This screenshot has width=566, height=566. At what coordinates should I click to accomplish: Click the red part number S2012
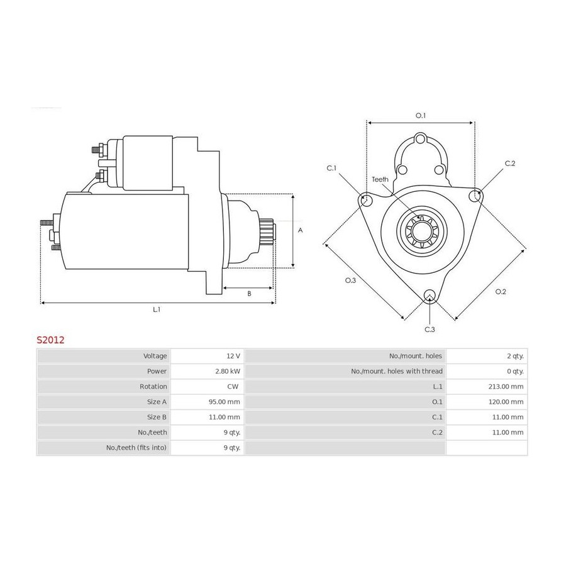pyautogui.click(x=50, y=340)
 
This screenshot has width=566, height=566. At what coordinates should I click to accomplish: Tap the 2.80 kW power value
pyautogui.click(x=228, y=371)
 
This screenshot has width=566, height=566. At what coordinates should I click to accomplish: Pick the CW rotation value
pyautogui.click(x=233, y=386)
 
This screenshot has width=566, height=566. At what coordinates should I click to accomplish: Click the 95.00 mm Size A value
pyautogui.click(x=224, y=402)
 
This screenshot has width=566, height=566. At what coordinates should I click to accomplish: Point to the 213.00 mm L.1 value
pyautogui.click(x=506, y=386)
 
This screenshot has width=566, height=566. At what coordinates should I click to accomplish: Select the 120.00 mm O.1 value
pyautogui.click(x=506, y=402)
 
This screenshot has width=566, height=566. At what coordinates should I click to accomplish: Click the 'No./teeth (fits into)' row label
pyautogui.click(x=136, y=448)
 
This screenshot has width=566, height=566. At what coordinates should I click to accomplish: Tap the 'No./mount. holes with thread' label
pyautogui.click(x=397, y=371)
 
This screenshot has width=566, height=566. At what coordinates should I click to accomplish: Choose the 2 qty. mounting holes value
pyautogui.click(x=515, y=356)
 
